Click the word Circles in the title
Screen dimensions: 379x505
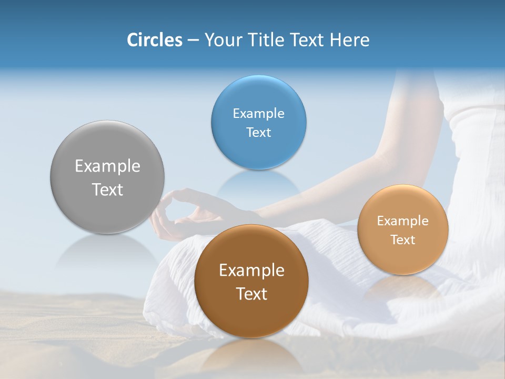click(x=154, y=40)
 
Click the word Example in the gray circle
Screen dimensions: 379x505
click(x=107, y=166)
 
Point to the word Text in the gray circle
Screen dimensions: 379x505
click(x=107, y=189)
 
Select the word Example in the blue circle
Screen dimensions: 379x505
click(x=258, y=114)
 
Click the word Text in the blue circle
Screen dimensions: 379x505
click(x=258, y=132)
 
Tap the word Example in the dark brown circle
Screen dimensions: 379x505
click(x=251, y=271)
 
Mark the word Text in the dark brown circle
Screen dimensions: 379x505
click(x=251, y=294)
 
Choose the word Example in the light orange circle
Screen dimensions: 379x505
click(x=403, y=221)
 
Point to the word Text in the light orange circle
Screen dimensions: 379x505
click(x=403, y=240)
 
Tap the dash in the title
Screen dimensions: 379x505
click(x=193, y=41)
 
